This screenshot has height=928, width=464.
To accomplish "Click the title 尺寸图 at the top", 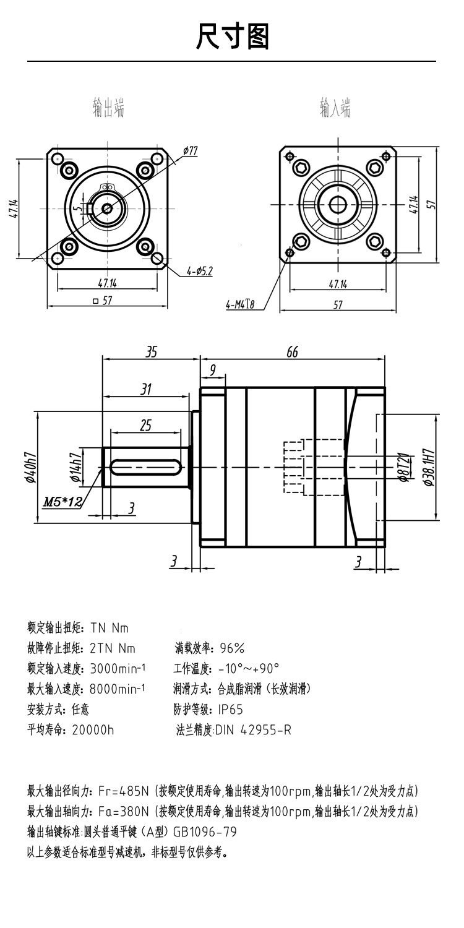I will pos(232,37).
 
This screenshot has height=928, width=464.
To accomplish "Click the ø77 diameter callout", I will pos(190,150).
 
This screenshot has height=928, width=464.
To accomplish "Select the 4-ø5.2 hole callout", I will pos(199,271).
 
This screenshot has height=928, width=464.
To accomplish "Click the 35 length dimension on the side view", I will pos(151,351).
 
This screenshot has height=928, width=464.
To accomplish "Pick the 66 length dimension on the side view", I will pos(292,351).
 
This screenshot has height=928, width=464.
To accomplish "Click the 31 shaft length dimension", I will pos(146,389).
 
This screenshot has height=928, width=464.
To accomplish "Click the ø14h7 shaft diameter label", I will pos(76,466).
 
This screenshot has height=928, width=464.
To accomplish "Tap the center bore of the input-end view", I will pos(338,204).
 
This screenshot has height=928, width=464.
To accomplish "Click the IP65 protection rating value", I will pos(231,709).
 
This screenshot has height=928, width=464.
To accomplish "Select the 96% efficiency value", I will pos(232,648).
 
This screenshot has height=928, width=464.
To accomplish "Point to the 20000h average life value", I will pos(93,729).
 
